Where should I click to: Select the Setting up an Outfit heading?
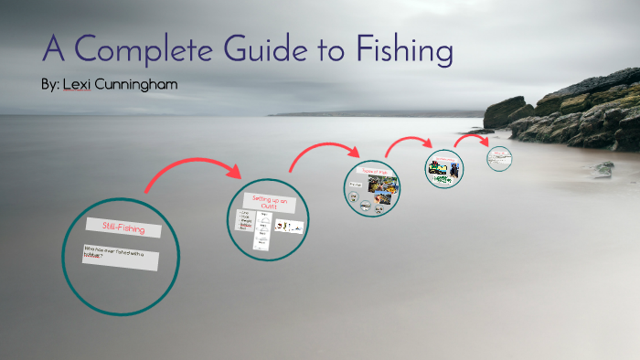(x=269, y=203)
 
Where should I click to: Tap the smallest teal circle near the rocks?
(x=498, y=157)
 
